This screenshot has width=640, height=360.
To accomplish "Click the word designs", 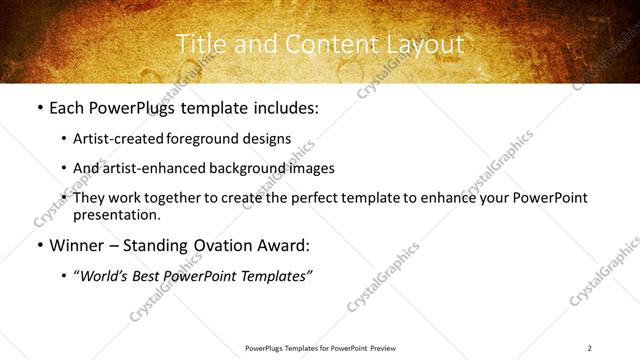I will [x=270, y=139].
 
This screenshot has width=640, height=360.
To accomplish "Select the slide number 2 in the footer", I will [x=590, y=347].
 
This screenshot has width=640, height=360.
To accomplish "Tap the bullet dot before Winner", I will [x=39, y=245].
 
